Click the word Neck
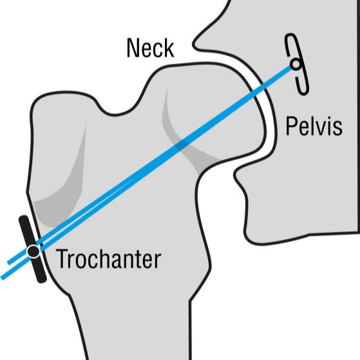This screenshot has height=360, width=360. (x=151, y=48)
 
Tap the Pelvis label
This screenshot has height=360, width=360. (x=314, y=126)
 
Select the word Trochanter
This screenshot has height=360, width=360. (x=108, y=259)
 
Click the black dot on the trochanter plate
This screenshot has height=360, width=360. (x=33, y=251)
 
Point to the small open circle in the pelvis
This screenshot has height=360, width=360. (x=296, y=64)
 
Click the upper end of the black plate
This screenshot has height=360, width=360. (x=23, y=219)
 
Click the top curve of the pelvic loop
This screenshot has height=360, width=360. (x=290, y=35)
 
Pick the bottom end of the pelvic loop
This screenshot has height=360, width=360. (x=304, y=92)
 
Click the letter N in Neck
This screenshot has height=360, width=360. (x=133, y=48)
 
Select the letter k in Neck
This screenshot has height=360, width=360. (x=169, y=48)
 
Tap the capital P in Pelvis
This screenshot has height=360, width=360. (x=291, y=126)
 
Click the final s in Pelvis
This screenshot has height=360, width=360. (x=337, y=128)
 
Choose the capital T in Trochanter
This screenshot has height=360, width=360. (x=61, y=259)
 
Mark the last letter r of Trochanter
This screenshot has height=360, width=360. (x=158, y=261)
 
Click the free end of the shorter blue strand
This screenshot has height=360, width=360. (x=8, y=262)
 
